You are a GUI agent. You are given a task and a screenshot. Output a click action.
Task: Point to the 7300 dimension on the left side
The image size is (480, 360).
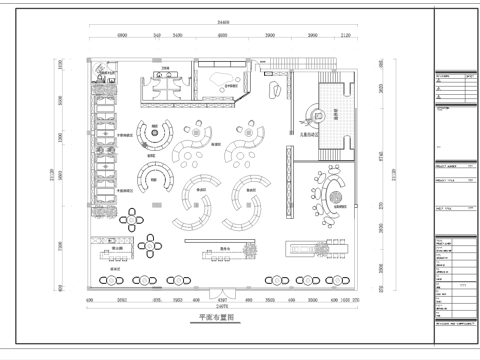coord(60,246)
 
